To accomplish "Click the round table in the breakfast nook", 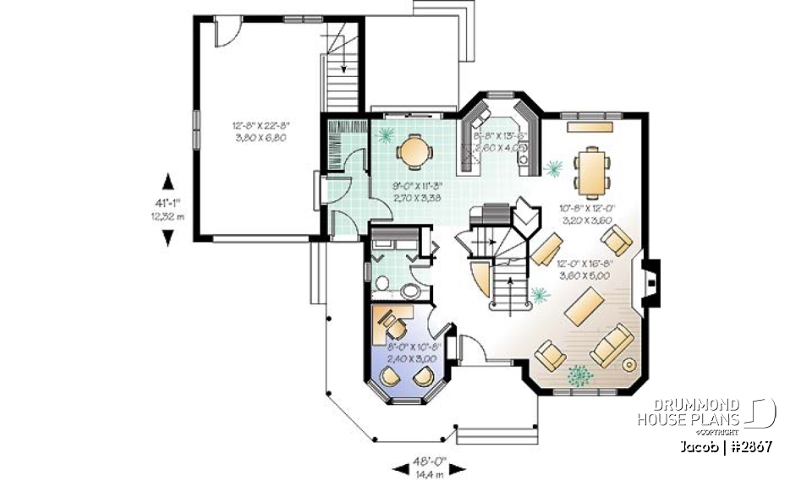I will click(x=414, y=151).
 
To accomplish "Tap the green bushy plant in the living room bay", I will click(x=579, y=372).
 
